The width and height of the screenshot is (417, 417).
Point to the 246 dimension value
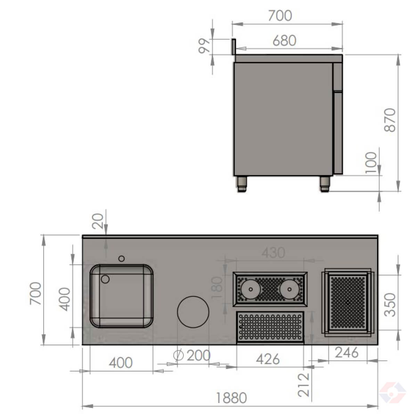[x=346, y=353]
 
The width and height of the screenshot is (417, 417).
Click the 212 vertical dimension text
[x=304, y=384]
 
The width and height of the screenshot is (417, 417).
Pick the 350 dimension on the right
[x=391, y=305]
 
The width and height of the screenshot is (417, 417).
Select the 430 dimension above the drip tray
[x=273, y=253]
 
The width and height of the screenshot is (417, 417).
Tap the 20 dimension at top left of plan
[x=98, y=221]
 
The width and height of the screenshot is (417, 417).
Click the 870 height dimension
[x=390, y=120]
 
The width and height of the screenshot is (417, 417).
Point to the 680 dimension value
[x=284, y=41]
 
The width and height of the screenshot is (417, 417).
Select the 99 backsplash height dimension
[x=204, y=46]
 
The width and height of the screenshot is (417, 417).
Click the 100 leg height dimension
[x=371, y=162]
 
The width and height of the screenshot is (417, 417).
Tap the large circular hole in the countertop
[x=193, y=312]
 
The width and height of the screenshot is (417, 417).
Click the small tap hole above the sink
[x=121, y=258]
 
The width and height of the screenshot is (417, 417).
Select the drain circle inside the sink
[x=105, y=279]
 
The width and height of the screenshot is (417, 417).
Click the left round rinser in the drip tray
[x=249, y=289]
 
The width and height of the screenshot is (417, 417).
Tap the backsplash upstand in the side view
[x=234, y=47]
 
